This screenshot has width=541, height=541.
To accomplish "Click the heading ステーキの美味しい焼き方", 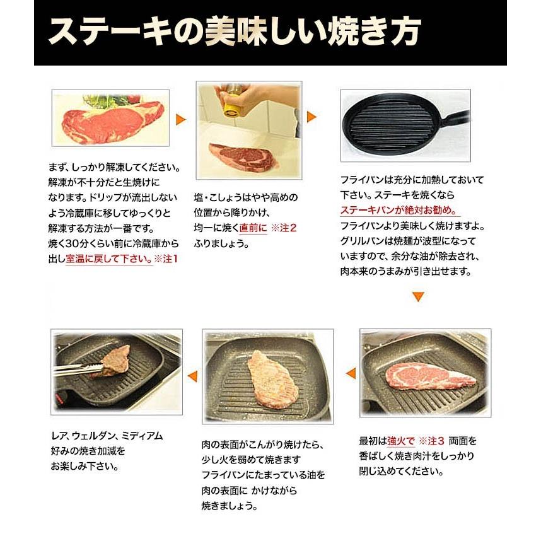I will [x=234, y=32].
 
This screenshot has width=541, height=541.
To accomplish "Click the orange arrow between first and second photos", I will [x=181, y=120].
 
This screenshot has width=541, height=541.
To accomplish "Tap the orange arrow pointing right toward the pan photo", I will [x=311, y=117].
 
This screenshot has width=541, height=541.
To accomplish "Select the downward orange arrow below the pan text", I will [x=418, y=295].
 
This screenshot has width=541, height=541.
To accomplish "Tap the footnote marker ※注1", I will [x=166, y=259].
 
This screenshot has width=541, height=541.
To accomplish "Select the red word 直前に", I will [x=251, y=228].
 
